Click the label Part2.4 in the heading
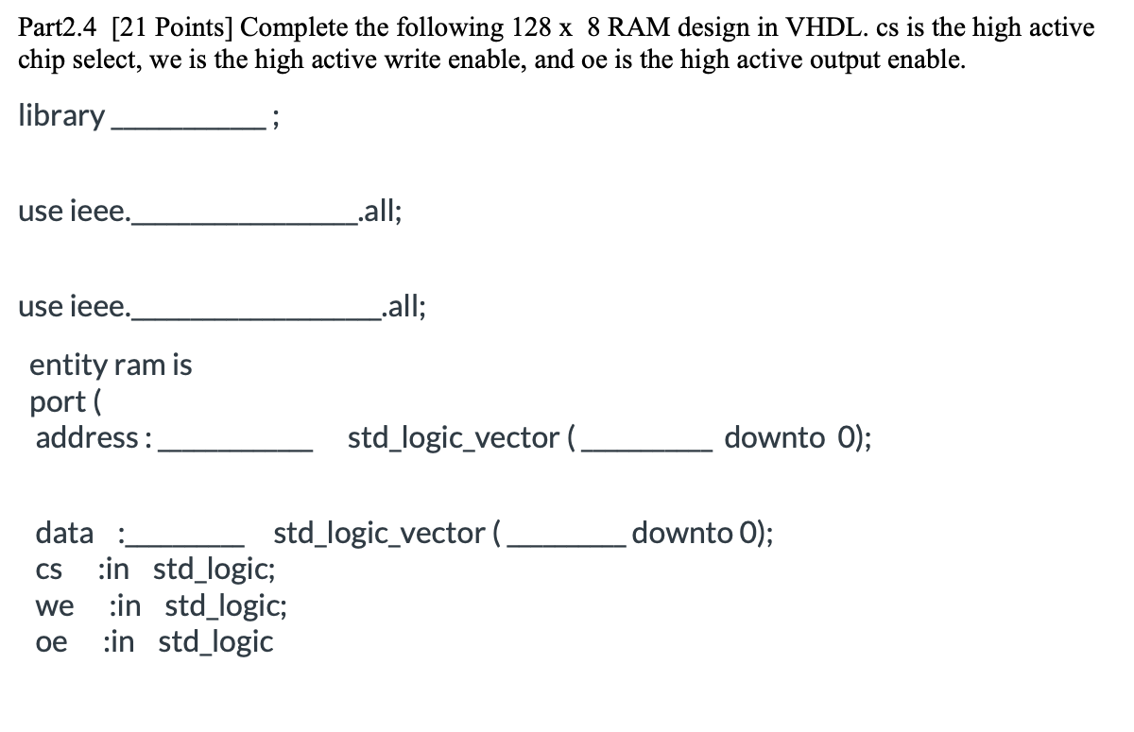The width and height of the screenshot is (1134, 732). click(x=59, y=27)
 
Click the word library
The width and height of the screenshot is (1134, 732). click(x=61, y=116)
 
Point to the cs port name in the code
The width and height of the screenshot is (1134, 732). click(x=48, y=571)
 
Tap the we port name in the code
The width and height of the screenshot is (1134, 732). click(x=53, y=607)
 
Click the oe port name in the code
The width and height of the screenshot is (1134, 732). click(x=51, y=643)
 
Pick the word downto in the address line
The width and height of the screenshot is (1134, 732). click(x=774, y=438)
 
